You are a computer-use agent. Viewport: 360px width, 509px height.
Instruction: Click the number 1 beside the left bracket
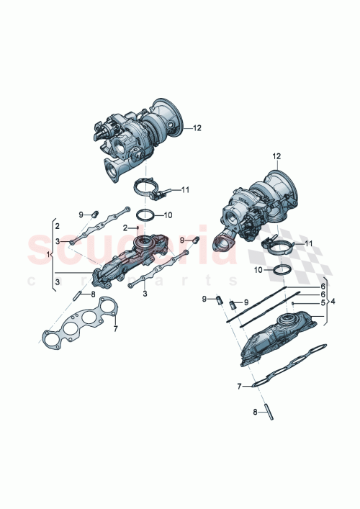click(x=49, y=256)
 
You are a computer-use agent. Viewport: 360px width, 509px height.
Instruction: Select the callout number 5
click(x=323, y=303)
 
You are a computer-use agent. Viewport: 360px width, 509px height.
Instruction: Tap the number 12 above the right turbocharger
click(x=276, y=156)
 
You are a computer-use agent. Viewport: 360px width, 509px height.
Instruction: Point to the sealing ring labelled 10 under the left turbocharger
click(x=145, y=215)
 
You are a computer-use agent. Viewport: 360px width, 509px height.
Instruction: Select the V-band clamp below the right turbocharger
click(x=276, y=249)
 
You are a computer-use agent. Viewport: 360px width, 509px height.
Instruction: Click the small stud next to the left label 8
click(x=75, y=294)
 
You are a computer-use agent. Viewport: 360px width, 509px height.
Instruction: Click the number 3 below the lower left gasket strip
click(x=145, y=294)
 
